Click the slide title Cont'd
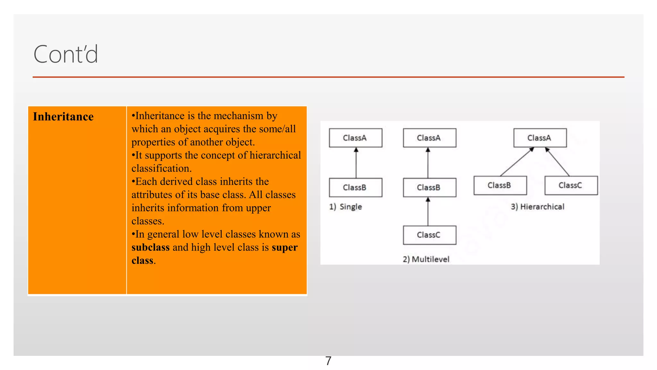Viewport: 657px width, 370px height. tap(66, 54)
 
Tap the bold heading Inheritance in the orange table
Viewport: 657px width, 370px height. tap(63, 117)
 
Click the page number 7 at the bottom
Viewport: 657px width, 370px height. tap(328, 361)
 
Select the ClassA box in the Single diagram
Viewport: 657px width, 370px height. tap(355, 138)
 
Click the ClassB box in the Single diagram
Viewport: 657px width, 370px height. tap(355, 188)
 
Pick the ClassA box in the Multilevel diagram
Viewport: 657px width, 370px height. tap(429, 138)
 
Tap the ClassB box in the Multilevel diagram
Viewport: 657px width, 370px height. tap(429, 188)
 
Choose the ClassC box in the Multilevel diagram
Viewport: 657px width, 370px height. tap(429, 235)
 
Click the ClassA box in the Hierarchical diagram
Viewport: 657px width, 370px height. tap(540, 138)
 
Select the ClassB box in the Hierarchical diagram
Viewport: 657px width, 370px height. tap(500, 185)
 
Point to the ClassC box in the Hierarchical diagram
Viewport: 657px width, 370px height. tap(571, 185)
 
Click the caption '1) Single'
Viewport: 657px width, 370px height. tap(346, 207)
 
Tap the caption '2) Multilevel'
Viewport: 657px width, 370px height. tap(426, 259)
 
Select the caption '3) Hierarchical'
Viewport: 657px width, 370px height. tap(538, 207)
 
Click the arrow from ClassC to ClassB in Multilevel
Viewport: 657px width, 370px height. tap(428, 212)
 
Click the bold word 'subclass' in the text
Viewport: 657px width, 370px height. tap(150, 248)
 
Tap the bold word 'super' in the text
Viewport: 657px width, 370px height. tap(285, 248)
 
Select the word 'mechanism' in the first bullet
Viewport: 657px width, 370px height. tap(239, 116)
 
